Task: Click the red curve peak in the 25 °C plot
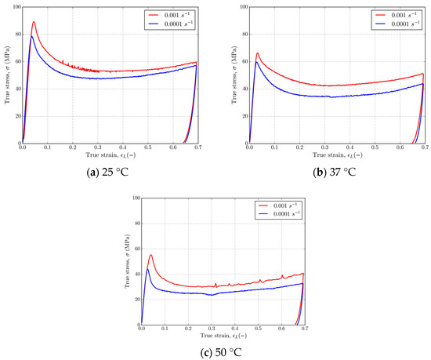click(x=34, y=22)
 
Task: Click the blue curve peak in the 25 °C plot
click(x=32, y=36)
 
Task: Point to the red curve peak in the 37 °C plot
click(x=258, y=53)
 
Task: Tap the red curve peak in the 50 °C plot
click(x=150, y=255)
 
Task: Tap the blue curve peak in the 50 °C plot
click(x=147, y=270)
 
